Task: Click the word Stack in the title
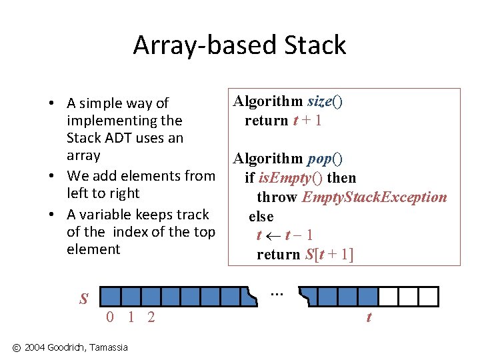point(316,45)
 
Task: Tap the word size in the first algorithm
point(319,101)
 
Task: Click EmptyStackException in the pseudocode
point(374,197)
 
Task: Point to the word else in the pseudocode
point(261,216)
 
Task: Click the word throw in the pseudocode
point(277,197)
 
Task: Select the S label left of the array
point(84,299)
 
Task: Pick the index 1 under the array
point(131,317)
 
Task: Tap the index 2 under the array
point(151,317)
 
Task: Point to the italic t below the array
point(369,317)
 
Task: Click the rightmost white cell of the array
point(429,296)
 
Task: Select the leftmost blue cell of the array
point(113,296)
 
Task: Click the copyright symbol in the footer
point(17,347)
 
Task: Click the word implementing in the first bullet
point(125,121)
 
